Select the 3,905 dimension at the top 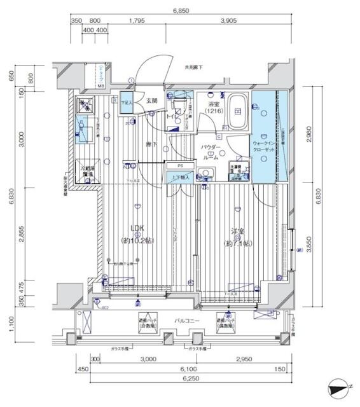[x=228, y=21]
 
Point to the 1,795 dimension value [x=138, y=21]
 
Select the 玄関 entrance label [x=151, y=100]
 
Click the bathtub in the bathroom [x=239, y=111]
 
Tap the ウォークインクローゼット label [x=263, y=148]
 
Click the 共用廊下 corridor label [x=194, y=67]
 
